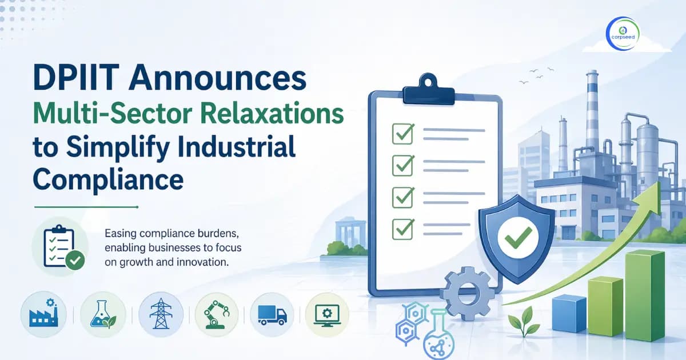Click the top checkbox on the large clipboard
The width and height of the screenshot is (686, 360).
pyautogui.click(x=402, y=133)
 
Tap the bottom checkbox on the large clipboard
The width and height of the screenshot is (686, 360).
pyautogui.click(x=402, y=229)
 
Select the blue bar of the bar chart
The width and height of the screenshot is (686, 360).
pyautogui.click(x=569, y=313)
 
